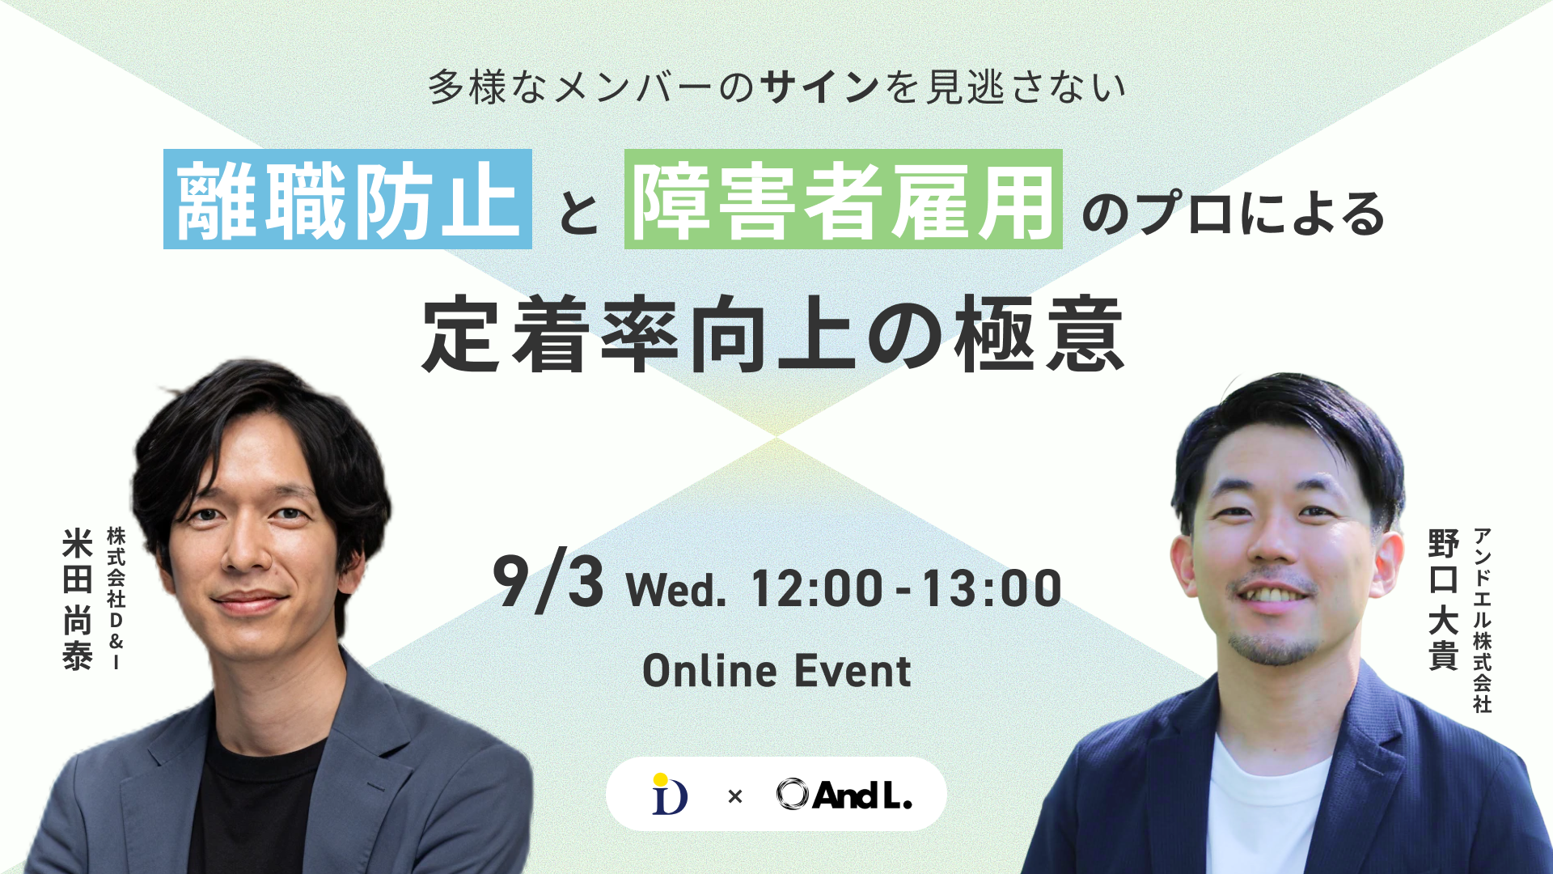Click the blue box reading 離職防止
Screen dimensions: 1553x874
point(348,199)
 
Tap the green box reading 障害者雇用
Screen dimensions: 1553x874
point(844,199)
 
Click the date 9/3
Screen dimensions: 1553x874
point(548,583)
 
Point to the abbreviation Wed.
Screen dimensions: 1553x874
point(676,589)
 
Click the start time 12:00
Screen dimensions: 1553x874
point(817,588)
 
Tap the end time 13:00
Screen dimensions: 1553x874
point(992,588)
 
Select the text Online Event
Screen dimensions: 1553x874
point(776,671)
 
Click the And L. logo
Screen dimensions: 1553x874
point(844,795)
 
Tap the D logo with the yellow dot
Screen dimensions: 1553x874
point(670,794)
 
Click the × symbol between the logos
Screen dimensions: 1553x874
point(734,797)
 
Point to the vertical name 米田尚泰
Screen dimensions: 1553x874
point(78,599)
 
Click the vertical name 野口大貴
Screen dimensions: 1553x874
point(1443,599)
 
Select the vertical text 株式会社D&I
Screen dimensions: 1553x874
point(116,599)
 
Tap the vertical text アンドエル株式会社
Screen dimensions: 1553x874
point(1482,620)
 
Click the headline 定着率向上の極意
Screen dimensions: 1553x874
point(773,334)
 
